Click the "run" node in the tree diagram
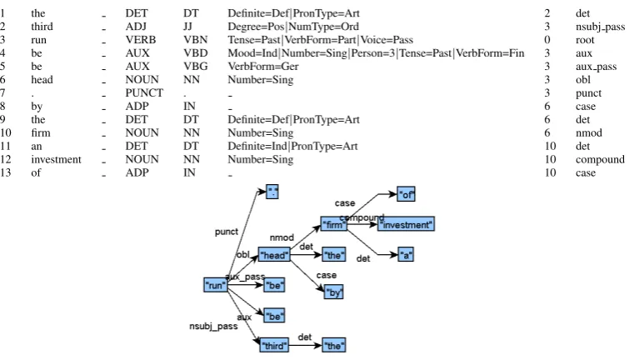215,285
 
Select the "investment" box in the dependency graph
406,224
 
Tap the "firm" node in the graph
333,224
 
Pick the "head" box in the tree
274,255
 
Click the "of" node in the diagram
406,194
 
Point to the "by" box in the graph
333,292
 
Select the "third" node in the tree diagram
274,346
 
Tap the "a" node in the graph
406,255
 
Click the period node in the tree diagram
272,192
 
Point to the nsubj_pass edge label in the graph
213,326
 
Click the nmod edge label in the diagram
282,237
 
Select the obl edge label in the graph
243,254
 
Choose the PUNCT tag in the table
144,93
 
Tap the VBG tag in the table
195,67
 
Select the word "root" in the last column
585,40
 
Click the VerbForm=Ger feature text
263,67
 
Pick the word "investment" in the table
56,159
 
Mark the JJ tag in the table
187,27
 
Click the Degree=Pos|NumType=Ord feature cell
293,27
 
